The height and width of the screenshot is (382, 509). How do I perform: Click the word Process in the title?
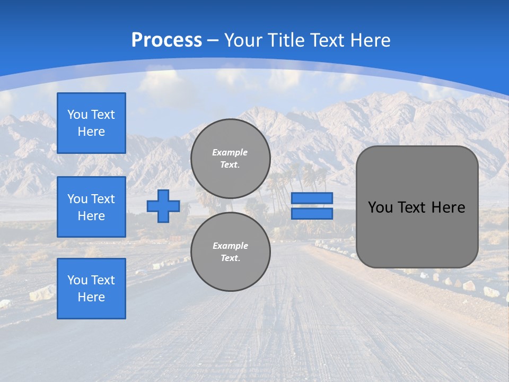[166, 40]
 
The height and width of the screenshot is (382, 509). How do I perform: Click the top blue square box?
[91, 123]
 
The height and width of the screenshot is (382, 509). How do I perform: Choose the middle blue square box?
[91, 207]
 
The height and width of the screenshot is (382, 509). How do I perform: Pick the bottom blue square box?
[91, 289]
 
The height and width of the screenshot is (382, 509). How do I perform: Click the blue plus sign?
[163, 206]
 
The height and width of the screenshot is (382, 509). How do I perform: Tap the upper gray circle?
[230, 158]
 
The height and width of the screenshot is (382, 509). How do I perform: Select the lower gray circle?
[230, 251]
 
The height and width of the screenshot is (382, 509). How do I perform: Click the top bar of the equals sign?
[312, 198]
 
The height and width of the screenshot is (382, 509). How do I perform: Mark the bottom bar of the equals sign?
[312, 213]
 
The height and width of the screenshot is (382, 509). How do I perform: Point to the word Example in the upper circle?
[230, 152]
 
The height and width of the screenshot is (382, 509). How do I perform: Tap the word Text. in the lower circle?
[230, 258]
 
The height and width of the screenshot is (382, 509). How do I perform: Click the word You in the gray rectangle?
[380, 207]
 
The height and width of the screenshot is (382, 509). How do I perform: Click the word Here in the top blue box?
[91, 132]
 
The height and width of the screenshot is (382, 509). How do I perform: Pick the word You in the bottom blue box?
[77, 280]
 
